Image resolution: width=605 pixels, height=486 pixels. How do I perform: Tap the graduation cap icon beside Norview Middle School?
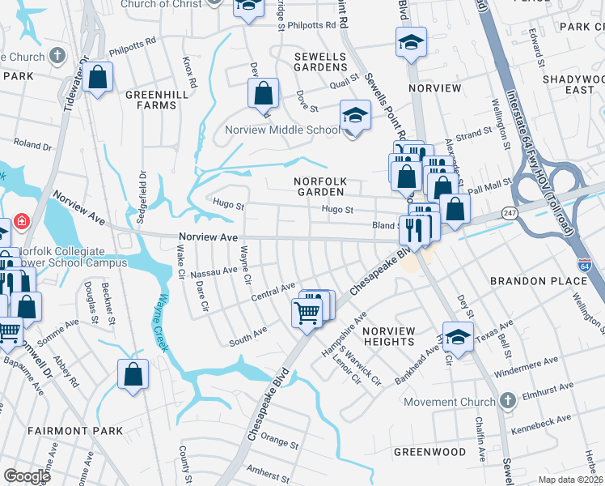(355, 115)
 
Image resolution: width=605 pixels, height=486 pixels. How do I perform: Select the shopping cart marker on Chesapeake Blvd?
(307, 311)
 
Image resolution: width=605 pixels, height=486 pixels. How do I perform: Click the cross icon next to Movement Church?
(507, 401)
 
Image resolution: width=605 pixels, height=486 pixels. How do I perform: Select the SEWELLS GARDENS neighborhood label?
(319, 62)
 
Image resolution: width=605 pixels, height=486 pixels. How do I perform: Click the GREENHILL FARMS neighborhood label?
(151, 100)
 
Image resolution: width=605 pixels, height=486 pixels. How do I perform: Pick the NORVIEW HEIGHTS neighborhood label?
(388, 336)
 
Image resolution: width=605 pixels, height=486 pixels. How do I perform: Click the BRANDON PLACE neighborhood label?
(539, 280)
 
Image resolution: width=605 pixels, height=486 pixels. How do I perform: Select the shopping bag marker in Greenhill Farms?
(97, 79)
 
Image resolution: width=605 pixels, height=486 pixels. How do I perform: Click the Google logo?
(27, 475)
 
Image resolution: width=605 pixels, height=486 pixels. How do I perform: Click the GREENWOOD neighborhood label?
(429, 450)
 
